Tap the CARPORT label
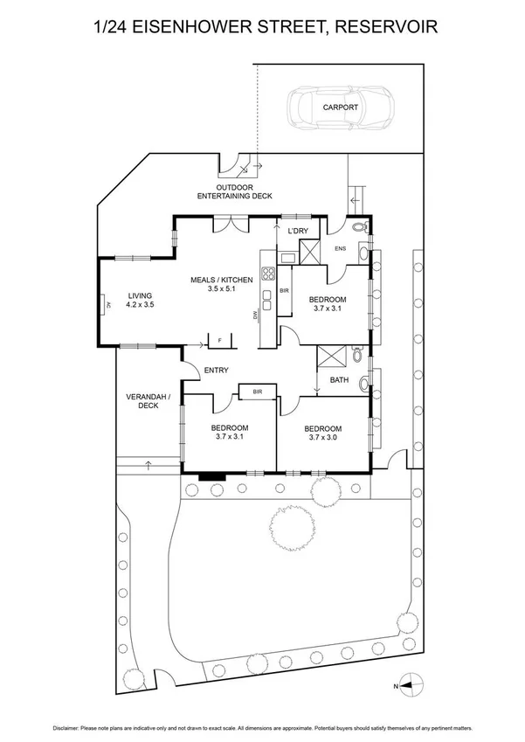[x=340, y=107]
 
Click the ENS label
[x=341, y=248]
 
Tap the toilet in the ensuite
[x=361, y=229]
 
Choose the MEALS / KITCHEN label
[x=222, y=280]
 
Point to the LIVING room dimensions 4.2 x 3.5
[x=140, y=305]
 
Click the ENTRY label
[x=216, y=371]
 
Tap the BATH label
[x=340, y=379]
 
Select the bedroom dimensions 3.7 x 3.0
[x=322, y=440]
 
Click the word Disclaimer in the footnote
[x=69, y=727]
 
